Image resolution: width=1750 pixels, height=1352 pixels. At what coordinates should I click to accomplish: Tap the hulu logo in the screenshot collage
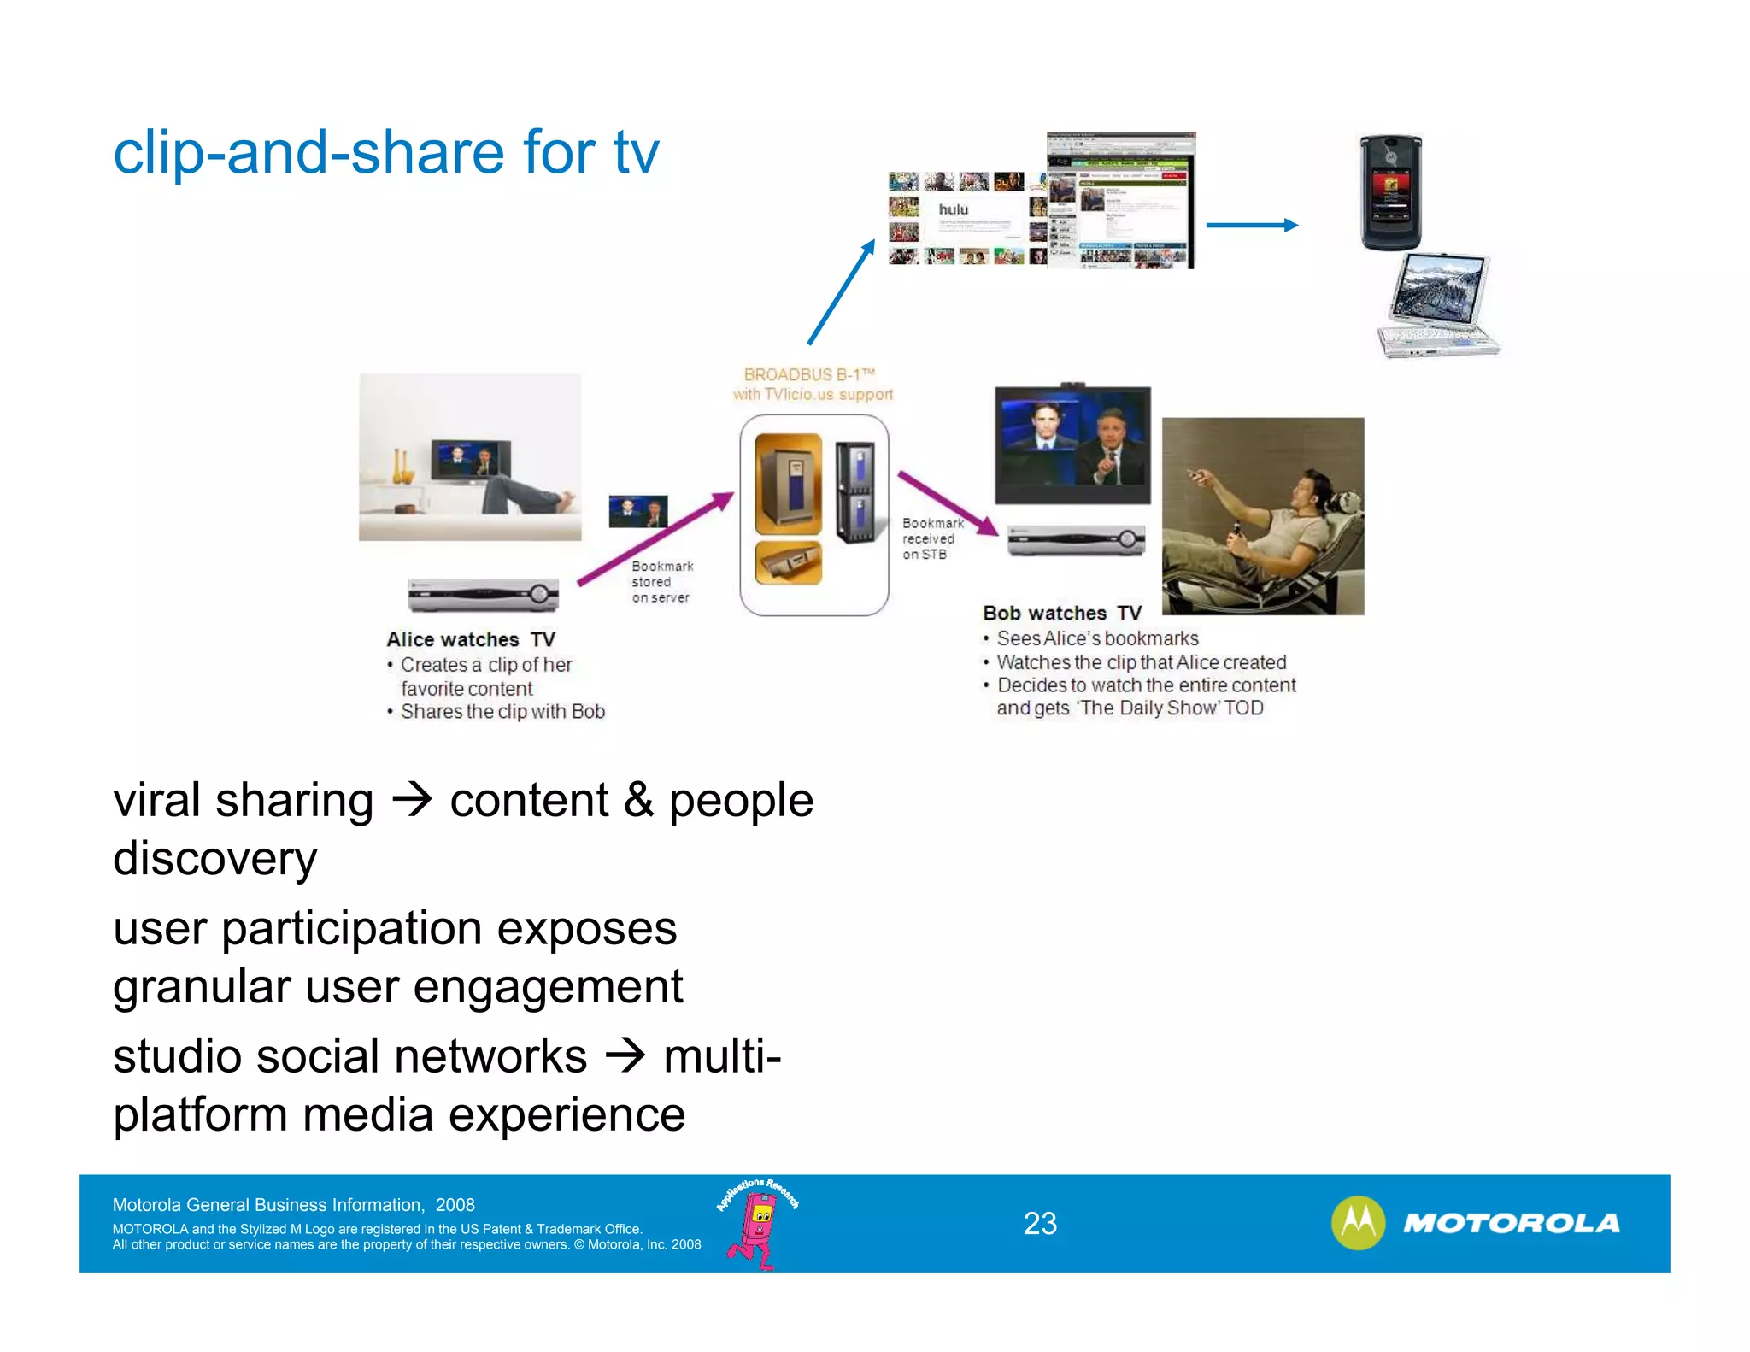tap(954, 209)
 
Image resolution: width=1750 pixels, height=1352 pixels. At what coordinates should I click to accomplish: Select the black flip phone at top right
tap(1390, 192)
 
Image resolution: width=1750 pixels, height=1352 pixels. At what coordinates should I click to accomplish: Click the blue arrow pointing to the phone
tap(1252, 225)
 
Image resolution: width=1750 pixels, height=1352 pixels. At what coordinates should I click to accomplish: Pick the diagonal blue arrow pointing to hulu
tap(842, 291)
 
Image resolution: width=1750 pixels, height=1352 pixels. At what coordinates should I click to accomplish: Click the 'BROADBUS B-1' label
tap(809, 374)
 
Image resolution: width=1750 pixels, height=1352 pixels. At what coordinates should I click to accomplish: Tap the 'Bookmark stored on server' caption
tap(661, 581)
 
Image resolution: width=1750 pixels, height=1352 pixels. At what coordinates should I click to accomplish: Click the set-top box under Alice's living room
tap(483, 594)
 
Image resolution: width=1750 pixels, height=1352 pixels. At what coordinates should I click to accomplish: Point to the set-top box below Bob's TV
tap(1076, 539)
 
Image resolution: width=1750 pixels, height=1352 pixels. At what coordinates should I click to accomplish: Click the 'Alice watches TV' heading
tap(471, 639)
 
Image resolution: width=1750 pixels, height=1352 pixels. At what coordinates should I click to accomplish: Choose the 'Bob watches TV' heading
tap(1062, 613)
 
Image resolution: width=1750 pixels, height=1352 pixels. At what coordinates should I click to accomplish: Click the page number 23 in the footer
tap(1040, 1223)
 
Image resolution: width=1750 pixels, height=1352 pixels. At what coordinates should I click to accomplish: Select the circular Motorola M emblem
tap(1358, 1222)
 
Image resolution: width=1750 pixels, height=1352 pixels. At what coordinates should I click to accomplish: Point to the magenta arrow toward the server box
tap(655, 539)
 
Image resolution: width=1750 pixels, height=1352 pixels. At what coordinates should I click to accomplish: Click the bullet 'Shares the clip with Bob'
tap(502, 711)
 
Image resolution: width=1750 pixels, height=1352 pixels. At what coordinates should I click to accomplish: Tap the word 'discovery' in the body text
tap(214, 858)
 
